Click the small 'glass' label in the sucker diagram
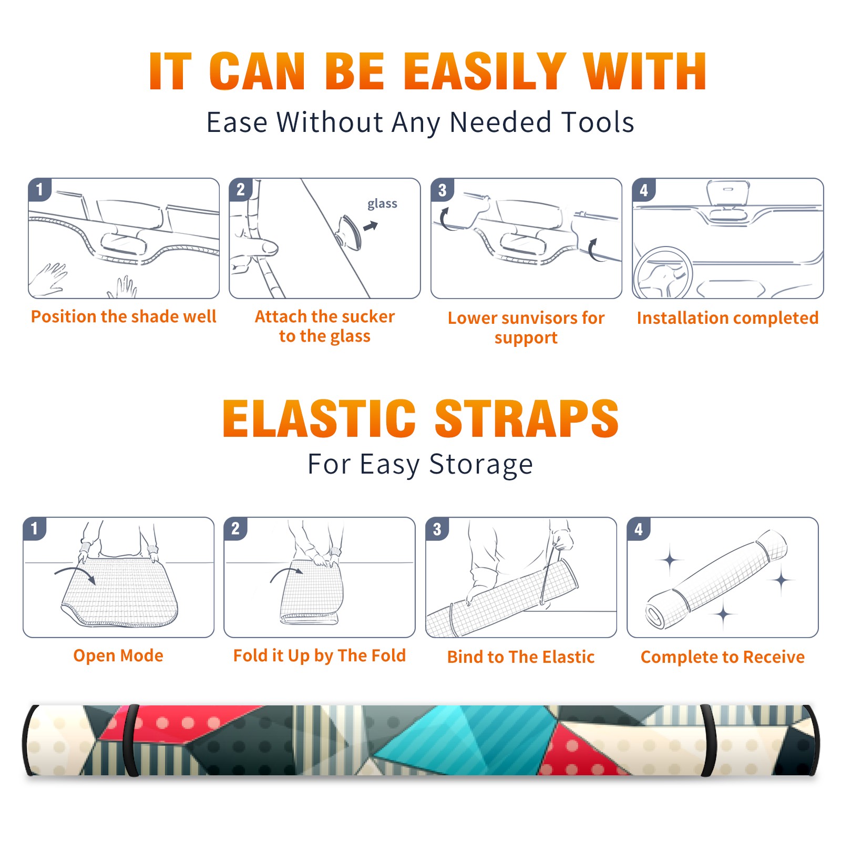point(382,204)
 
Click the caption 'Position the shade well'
point(124,316)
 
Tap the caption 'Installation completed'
point(727,318)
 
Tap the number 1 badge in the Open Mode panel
point(35,528)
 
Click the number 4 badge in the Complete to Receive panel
point(639,529)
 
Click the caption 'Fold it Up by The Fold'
point(320,656)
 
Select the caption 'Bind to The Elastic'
point(521,657)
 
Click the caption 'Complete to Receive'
point(723,657)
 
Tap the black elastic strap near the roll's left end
point(131,740)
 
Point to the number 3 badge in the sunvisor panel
point(443,190)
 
